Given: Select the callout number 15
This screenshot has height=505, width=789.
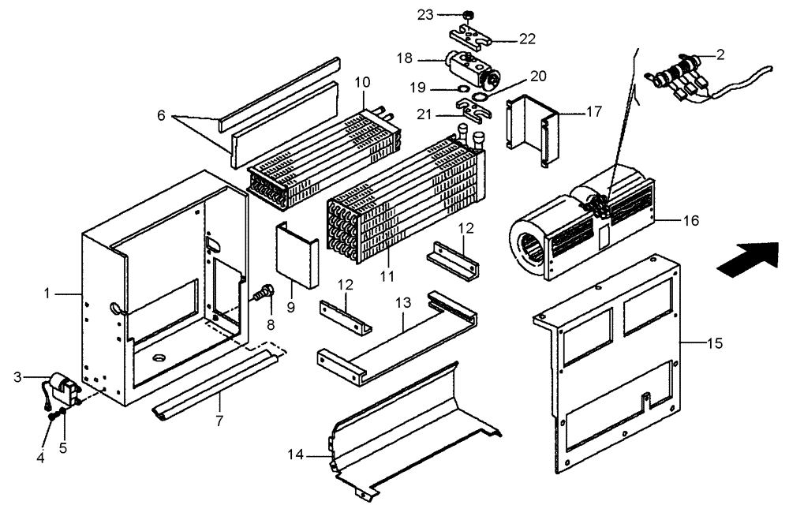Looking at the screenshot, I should (715, 344).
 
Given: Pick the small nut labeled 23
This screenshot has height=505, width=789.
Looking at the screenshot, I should (468, 14).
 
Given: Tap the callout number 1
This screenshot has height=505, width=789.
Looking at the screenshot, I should (47, 294).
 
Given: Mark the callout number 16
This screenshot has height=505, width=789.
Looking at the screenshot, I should (690, 222).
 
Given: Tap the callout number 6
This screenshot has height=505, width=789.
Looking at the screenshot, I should (160, 115).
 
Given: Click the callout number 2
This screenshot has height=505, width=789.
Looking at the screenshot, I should (720, 55).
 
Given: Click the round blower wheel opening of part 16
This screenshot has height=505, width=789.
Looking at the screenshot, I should (527, 239).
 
